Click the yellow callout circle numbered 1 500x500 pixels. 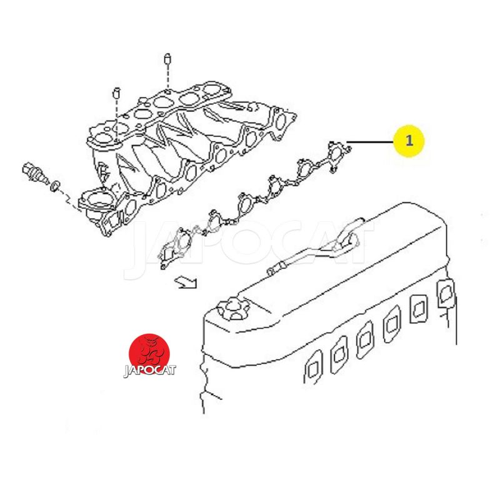tap(409, 140)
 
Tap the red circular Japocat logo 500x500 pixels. tap(149, 353)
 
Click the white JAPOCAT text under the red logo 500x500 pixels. tap(149, 371)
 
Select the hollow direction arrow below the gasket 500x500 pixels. tap(186, 282)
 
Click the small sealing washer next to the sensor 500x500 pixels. tap(56, 187)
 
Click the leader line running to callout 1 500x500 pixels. tap(370, 142)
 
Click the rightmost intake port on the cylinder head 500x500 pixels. tap(446, 294)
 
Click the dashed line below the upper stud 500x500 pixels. tap(167, 77)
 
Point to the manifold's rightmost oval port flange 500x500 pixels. tap(281, 122)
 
